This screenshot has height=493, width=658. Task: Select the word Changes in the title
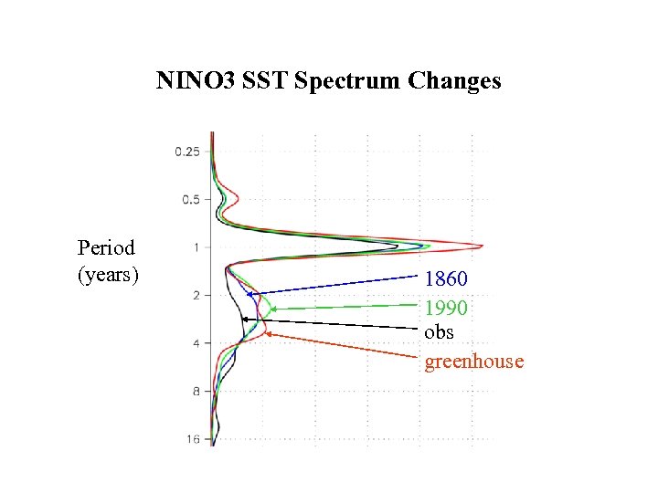pos(454,81)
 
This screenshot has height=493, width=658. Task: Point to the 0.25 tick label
pos(187,152)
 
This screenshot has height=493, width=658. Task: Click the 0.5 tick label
pos(191,199)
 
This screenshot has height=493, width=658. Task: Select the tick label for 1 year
pos(196,247)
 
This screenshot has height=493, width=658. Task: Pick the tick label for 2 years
pos(196,296)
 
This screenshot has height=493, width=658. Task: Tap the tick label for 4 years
pos(196,343)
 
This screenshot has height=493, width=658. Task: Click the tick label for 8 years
pos(196,392)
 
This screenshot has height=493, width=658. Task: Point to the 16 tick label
pos(193,439)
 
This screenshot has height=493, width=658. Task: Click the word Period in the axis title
pos(107,247)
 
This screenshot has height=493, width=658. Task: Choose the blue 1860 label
pos(446,278)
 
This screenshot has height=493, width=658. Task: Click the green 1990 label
pos(446,308)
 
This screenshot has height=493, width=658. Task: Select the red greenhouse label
pos(474,362)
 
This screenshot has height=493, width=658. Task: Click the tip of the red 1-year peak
pos(483,246)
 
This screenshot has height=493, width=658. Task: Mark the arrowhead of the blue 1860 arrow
pos(249,294)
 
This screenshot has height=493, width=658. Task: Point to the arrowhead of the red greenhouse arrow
pos(269,334)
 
